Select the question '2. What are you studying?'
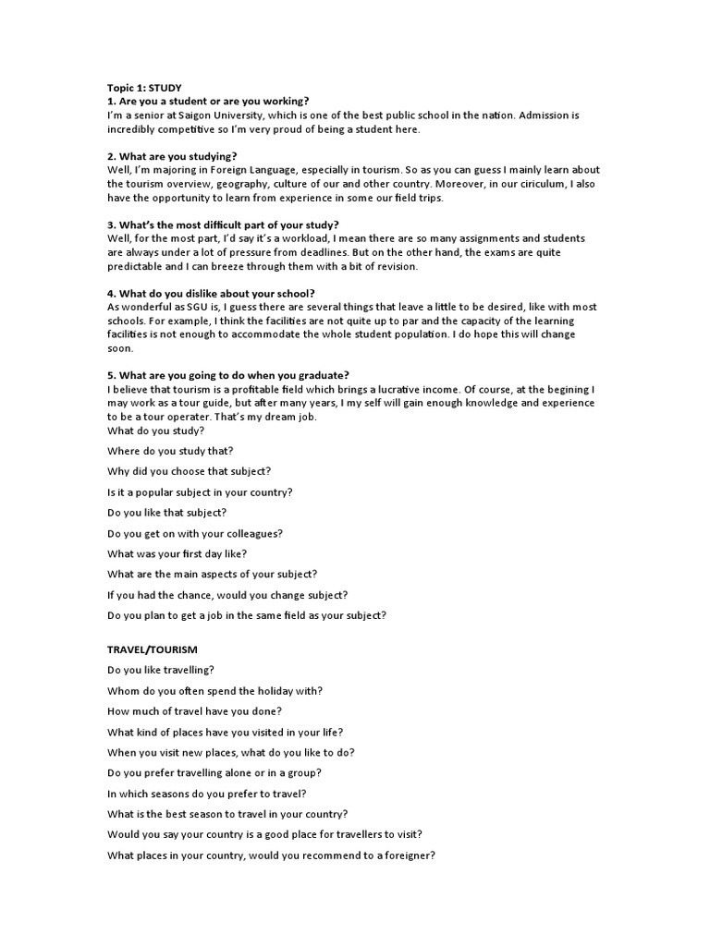pyautogui.click(x=172, y=156)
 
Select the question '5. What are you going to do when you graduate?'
pyautogui.click(x=227, y=375)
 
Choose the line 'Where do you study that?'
pyautogui.click(x=171, y=451)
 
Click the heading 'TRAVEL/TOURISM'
pyautogui.click(x=153, y=650)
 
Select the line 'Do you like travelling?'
pyautogui.click(x=161, y=671)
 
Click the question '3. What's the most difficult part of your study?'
pyautogui.click(x=223, y=224)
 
